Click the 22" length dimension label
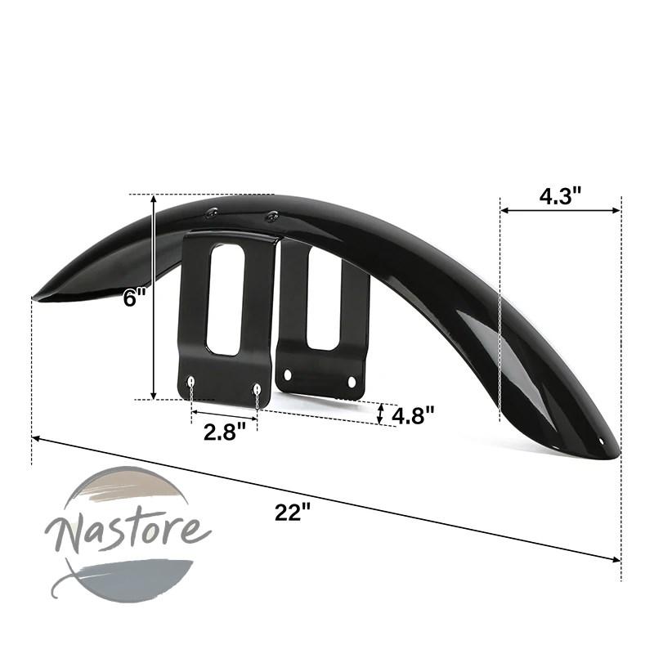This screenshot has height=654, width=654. click(x=293, y=513)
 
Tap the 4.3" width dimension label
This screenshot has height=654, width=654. click(x=560, y=195)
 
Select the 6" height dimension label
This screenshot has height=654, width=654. click(x=135, y=298)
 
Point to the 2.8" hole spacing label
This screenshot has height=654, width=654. click(x=224, y=432)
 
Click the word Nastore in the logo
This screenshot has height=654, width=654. click(x=128, y=533)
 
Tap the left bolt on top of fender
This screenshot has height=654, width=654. click(x=211, y=213)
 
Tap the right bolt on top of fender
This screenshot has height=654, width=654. click(x=272, y=216)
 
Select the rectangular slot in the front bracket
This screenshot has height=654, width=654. click(x=226, y=299)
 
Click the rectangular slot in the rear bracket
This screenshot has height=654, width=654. click(x=324, y=299)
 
